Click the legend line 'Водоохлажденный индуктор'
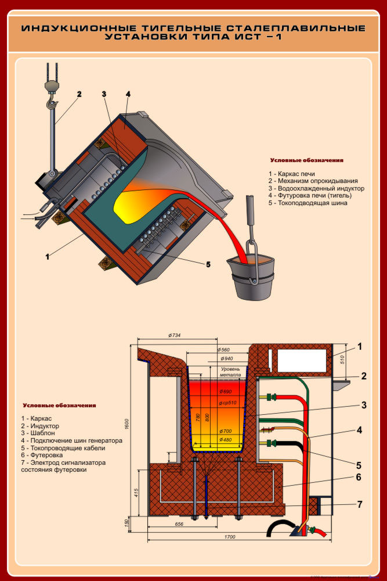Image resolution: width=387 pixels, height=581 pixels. point(316,189)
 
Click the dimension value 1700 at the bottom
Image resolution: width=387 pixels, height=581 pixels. point(229,537)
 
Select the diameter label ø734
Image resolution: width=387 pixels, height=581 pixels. point(175,335)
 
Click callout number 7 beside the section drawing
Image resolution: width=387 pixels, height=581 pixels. point(360,504)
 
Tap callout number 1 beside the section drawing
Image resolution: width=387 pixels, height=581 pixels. point(360,347)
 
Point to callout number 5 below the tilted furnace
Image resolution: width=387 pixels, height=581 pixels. point(208,265)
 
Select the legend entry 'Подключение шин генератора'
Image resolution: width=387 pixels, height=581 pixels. point(71,440)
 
